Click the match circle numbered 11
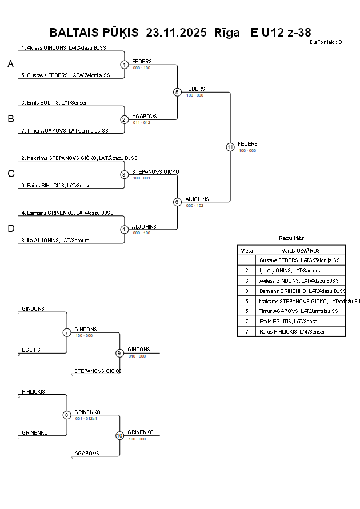pyautogui.click(x=230, y=147)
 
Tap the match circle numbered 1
pyautogui.click(x=124, y=65)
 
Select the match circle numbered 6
pyautogui.click(x=177, y=202)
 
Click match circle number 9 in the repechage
pyautogui.click(x=119, y=353)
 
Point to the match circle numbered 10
pyautogui.click(x=119, y=435)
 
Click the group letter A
pyautogui.click(x=10, y=65)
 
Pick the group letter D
pyautogui.click(x=10, y=229)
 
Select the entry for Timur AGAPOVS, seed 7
pyautogui.click(x=65, y=130)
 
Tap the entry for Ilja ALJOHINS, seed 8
pyautogui.click(x=55, y=241)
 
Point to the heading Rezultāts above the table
pyautogui.click(x=291, y=238)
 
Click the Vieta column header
pyautogui.click(x=247, y=250)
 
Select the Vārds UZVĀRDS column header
pyautogui.click(x=300, y=250)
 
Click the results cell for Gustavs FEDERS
pyautogui.click(x=299, y=260)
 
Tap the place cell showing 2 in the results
pyautogui.click(x=247, y=270)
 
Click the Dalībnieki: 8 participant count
pyautogui.click(x=326, y=42)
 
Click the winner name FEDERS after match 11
pyautogui.click(x=247, y=143)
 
